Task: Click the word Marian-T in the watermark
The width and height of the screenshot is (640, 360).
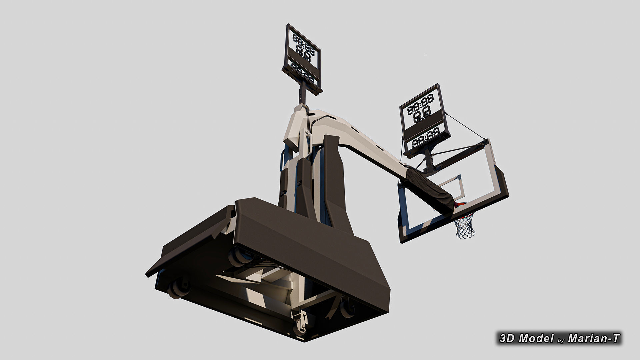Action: (x=594, y=338)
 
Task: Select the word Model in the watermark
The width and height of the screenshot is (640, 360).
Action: (x=536, y=338)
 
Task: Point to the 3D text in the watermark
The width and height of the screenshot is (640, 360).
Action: (x=507, y=338)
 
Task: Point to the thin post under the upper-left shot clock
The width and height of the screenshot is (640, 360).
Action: (x=69, y=94)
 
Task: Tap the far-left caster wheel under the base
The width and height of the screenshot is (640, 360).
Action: (x=179, y=287)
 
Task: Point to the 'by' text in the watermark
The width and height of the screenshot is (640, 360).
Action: (x=561, y=340)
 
